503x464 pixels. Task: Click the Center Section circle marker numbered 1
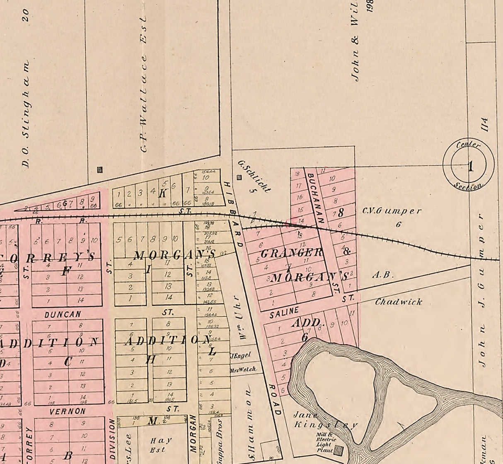[469, 166]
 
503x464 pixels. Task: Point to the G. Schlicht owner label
[254, 176]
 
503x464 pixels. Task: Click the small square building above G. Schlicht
[239, 178]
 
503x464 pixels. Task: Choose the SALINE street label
[284, 312]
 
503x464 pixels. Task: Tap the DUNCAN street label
[63, 314]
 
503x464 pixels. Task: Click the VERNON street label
[68, 411]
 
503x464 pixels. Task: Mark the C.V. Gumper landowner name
[392, 211]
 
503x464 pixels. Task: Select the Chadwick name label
[398, 302]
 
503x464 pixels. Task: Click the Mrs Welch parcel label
[243, 370]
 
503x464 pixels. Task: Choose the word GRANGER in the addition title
[292, 252]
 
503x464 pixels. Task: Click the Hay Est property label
[161, 445]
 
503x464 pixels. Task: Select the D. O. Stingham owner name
[26, 114]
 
